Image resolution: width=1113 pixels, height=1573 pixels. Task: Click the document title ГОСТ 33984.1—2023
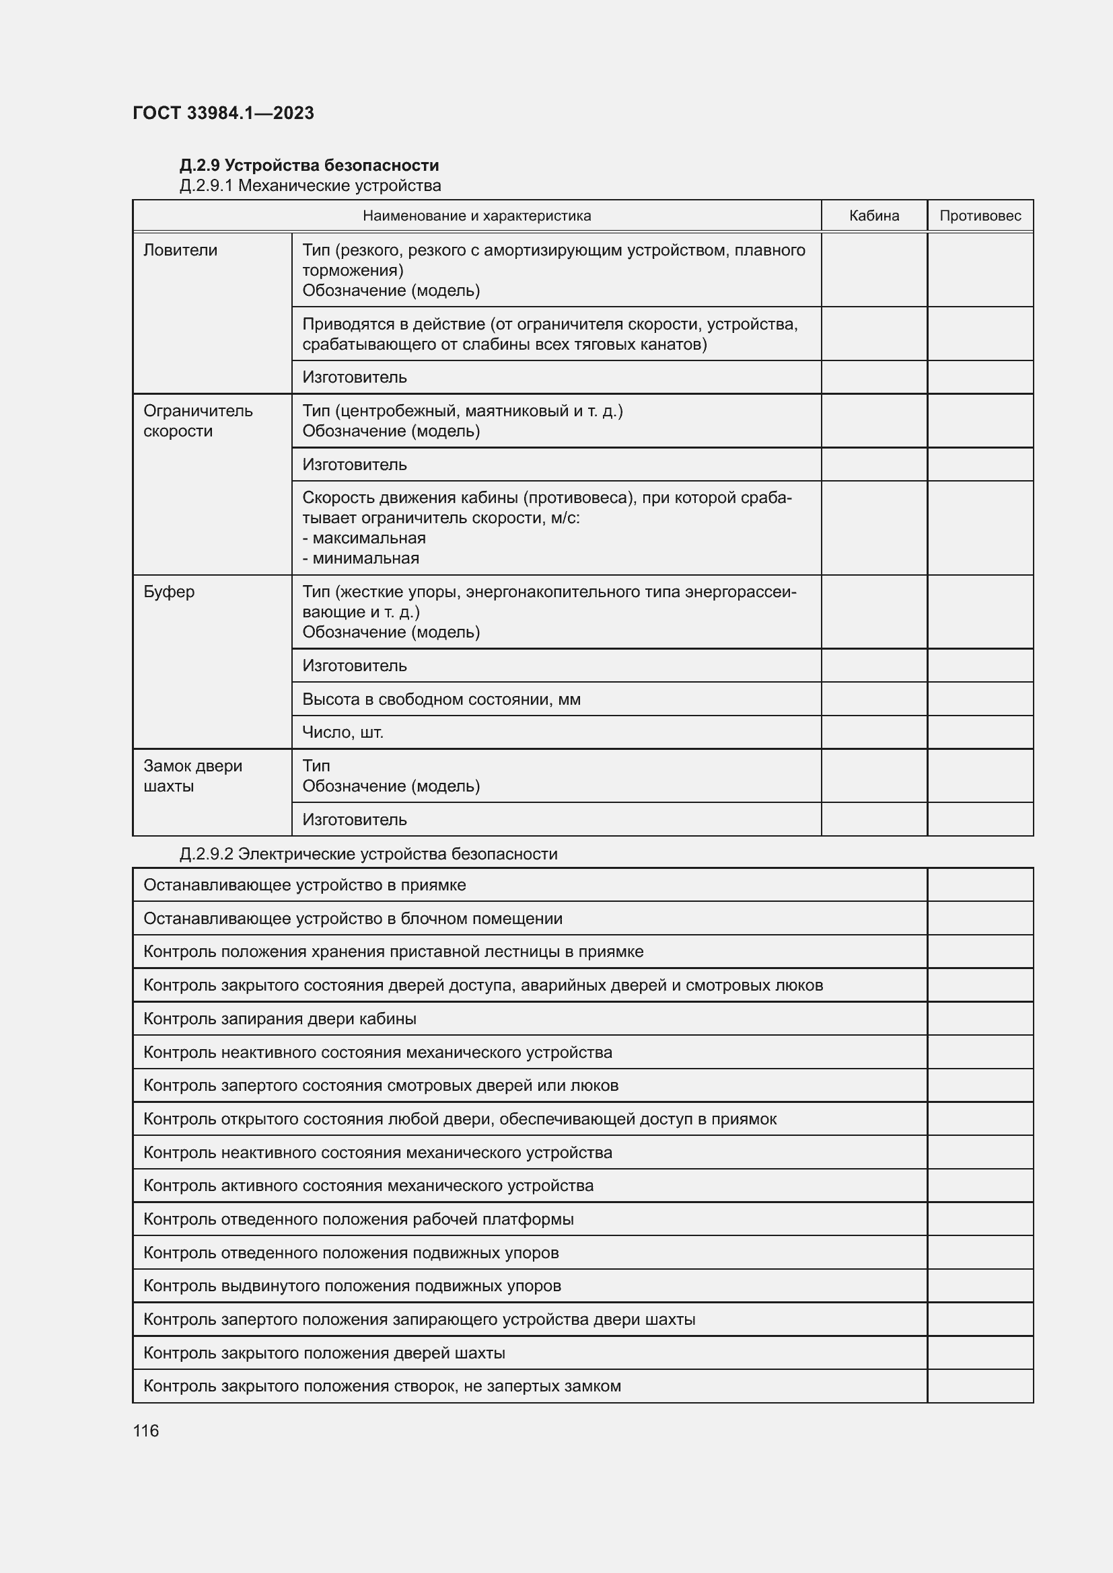[x=223, y=113]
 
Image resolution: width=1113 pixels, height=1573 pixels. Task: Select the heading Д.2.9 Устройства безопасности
[x=309, y=165]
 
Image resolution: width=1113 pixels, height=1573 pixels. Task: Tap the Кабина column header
[x=874, y=216]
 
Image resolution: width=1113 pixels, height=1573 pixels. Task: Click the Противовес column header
[x=979, y=216]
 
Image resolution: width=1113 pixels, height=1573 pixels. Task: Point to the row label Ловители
[x=180, y=250]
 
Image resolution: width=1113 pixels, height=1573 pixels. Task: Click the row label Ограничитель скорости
[x=197, y=420]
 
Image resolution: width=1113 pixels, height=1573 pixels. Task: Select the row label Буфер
[x=169, y=591]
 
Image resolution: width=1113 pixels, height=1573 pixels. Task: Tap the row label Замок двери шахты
[x=192, y=775]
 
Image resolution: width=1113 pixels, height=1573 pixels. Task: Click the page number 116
[x=146, y=1430]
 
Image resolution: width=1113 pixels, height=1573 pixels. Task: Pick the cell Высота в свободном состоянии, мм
[x=441, y=699]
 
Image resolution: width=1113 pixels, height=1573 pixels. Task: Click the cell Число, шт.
[x=343, y=732]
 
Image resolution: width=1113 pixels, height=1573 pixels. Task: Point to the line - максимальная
[x=364, y=538]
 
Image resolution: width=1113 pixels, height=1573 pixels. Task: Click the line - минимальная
[x=361, y=558]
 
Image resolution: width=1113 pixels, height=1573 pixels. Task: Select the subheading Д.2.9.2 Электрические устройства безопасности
[x=368, y=853]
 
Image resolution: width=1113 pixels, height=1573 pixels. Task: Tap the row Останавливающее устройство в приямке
[x=304, y=884]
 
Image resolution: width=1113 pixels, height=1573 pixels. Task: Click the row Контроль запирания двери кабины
[x=280, y=1018]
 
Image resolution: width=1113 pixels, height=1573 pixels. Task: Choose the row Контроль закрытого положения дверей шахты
[x=324, y=1352]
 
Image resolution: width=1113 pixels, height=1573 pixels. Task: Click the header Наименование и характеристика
[x=476, y=216]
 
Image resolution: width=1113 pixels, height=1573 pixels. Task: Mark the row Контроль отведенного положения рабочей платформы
[x=359, y=1219]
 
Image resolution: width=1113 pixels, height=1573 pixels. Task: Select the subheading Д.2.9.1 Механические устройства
[x=310, y=186]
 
